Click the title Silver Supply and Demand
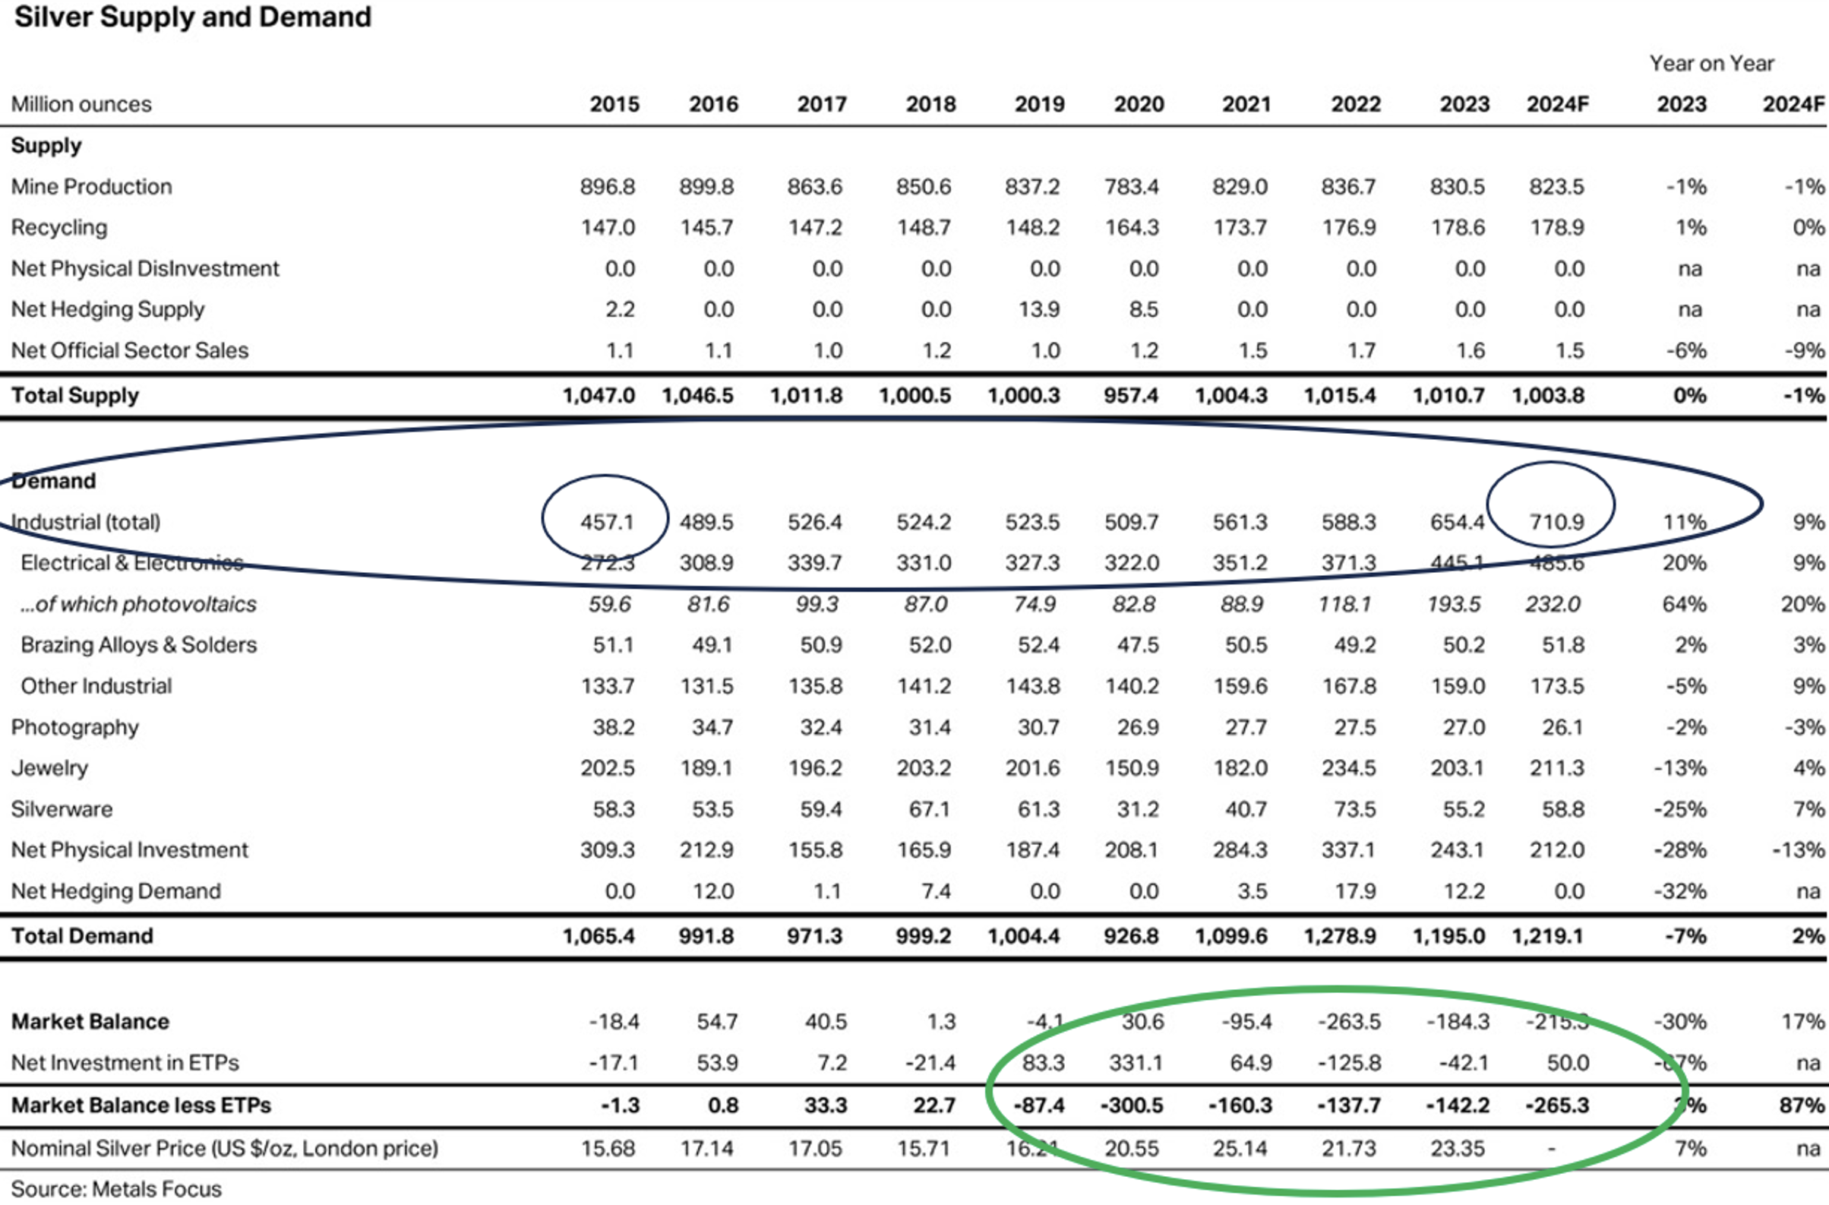coord(193,17)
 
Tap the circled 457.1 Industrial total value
coord(606,522)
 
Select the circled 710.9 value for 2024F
coord(1556,522)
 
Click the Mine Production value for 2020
coord(1132,187)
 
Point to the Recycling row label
coord(59,227)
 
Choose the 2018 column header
coord(930,104)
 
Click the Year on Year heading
coord(1711,63)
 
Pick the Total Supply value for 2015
coord(599,396)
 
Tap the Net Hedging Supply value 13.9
coord(1039,309)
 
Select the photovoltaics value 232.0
coord(1553,604)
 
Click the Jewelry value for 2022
coord(1349,767)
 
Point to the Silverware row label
coord(62,809)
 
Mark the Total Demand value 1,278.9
coord(1340,936)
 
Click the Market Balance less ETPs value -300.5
coord(1131,1105)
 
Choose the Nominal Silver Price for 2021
coord(1240,1148)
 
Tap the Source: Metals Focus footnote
coord(116,1189)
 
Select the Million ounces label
coord(81,104)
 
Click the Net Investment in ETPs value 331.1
coord(1135,1063)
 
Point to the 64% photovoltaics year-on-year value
coord(1684,604)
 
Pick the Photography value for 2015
coord(612,727)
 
